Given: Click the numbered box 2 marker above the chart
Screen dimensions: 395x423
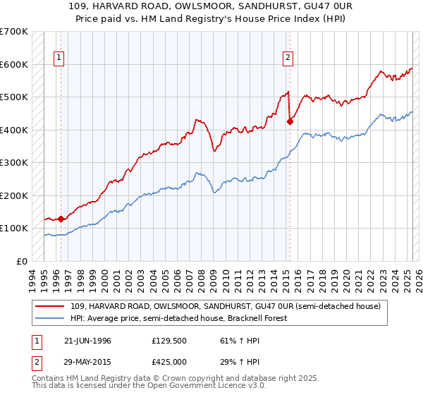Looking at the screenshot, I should pyautogui.click(x=288, y=59).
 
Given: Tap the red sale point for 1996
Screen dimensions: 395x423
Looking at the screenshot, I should pyautogui.click(x=61, y=219).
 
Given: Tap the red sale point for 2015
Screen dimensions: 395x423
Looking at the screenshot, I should pyautogui.click(x=290, y=121).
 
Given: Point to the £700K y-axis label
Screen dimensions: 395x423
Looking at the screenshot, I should pyautogui.click(x=14, y=32).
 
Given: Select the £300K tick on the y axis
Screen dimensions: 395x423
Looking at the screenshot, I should pyautogui.click(x=14, y=162).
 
